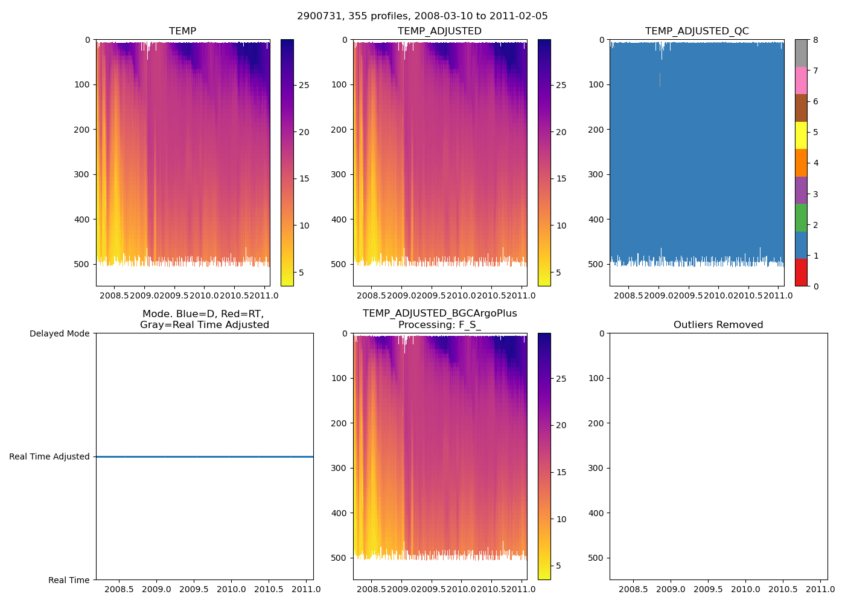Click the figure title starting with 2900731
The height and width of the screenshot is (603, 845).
coord(422,16)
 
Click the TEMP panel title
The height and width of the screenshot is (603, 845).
coord(182,31)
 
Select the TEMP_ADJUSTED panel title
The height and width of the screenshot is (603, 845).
coord(439,31)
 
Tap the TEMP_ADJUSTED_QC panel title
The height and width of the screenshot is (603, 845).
coord(697,31)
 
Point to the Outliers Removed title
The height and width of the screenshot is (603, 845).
coord(718,325)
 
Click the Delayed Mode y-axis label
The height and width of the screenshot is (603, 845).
coord(59,333)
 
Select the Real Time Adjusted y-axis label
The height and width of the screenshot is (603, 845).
coord(49,456)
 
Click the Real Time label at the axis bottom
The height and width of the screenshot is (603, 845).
coord(69,580)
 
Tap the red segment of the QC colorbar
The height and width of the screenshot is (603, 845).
coord(801,272)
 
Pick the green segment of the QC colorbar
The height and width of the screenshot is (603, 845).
coord(801,217)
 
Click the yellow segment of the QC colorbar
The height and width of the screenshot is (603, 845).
coord(801,135)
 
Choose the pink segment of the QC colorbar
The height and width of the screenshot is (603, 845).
coord(801,80)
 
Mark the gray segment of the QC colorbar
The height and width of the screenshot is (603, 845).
coord(801,53)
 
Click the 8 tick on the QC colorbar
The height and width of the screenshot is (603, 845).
coord(815,40)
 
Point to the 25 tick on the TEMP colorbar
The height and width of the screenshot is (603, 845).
coord(304,85)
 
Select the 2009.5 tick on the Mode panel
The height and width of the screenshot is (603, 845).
coord(194,589)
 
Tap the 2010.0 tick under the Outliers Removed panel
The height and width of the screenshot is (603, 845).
coord(745,589)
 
